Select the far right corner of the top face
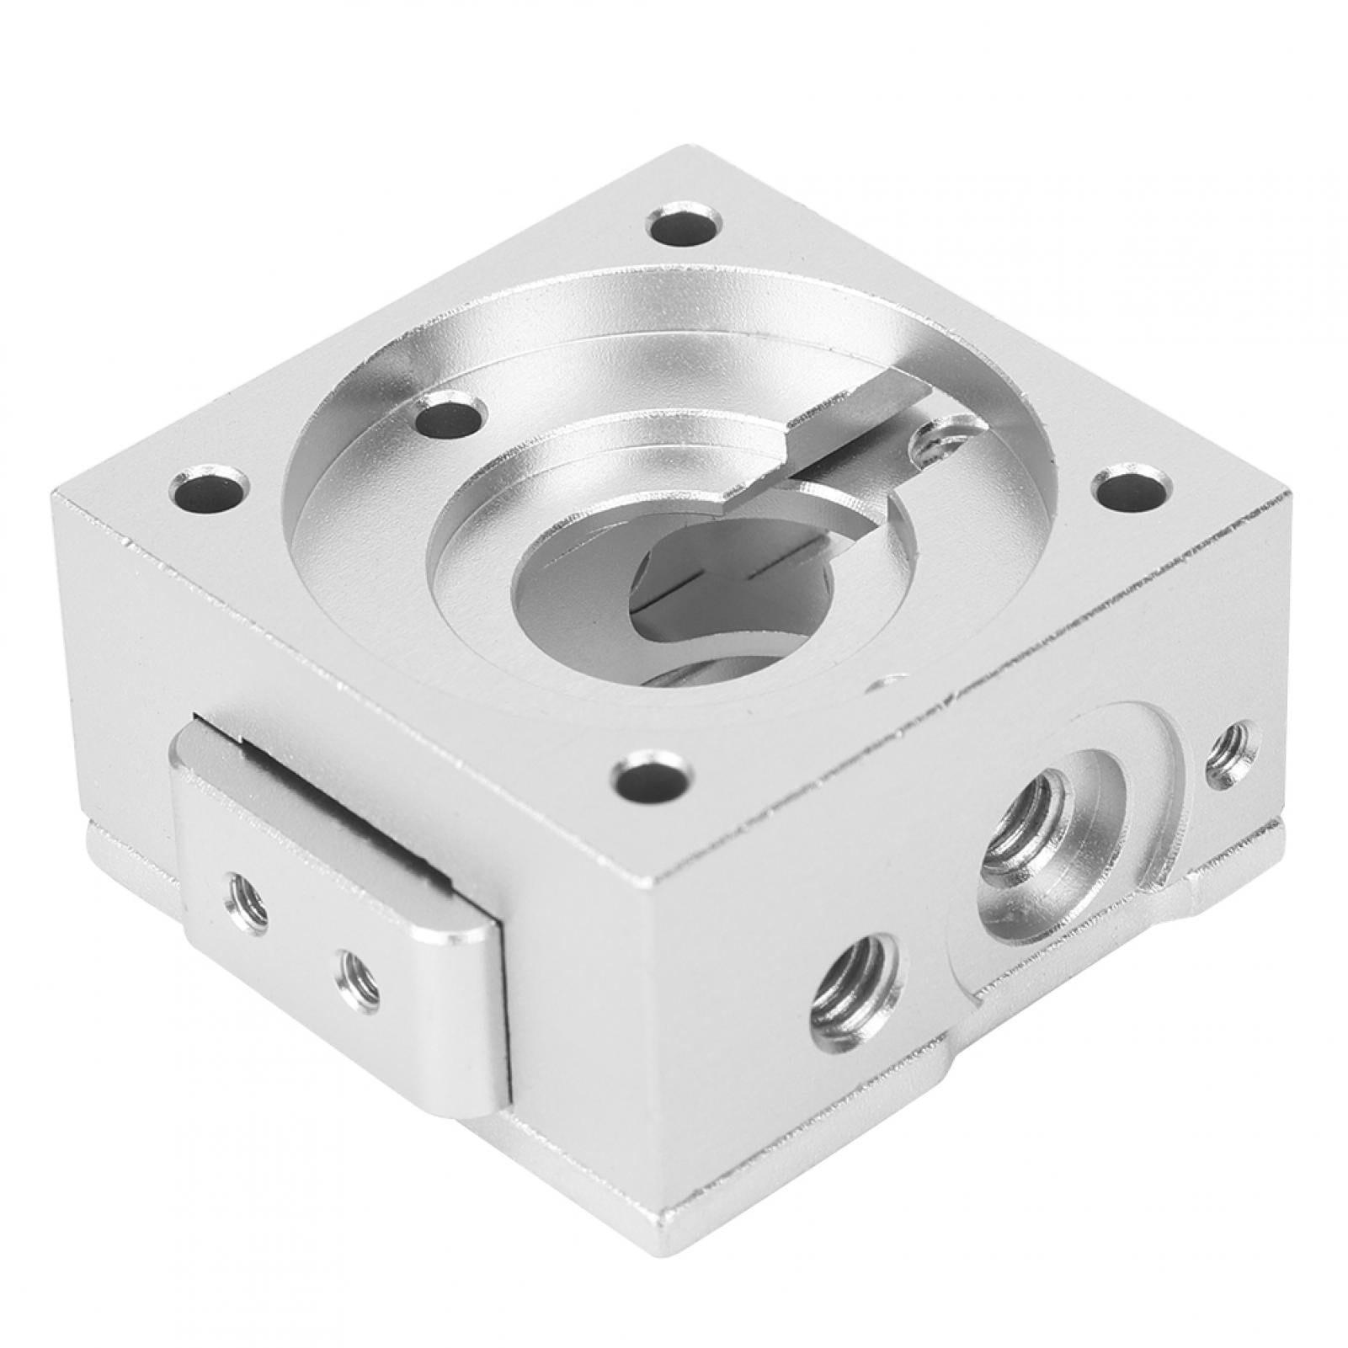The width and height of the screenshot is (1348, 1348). click(1285, 498)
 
